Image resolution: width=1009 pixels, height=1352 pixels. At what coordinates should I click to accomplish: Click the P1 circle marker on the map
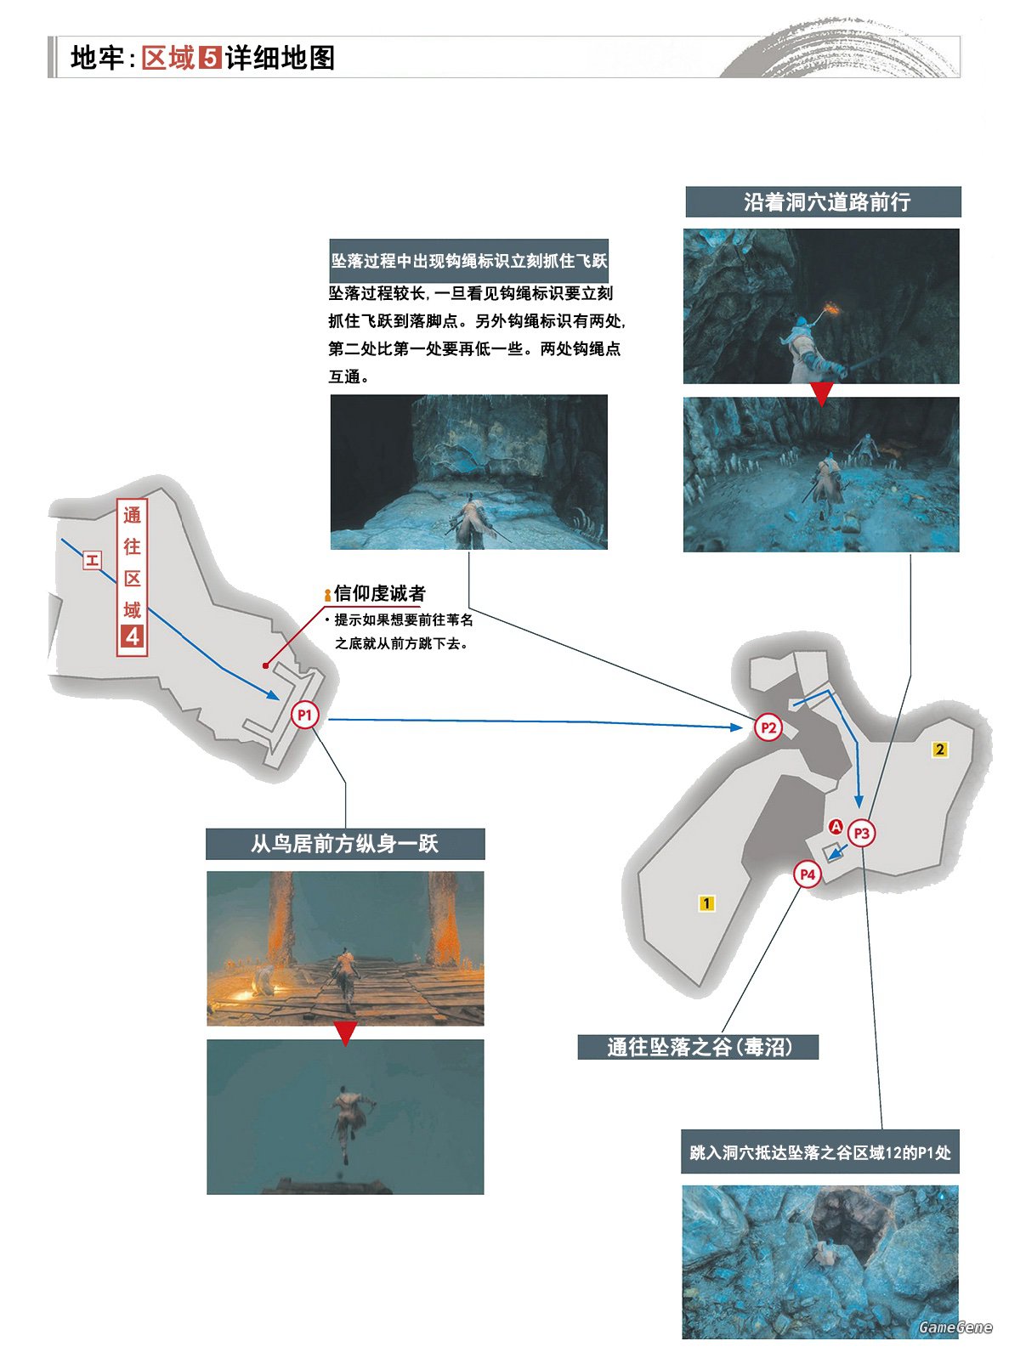pos(304,716)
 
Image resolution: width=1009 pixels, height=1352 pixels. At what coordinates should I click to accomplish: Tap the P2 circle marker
pos(768,728)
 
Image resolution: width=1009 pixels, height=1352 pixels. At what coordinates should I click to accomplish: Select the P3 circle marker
pos(861,834)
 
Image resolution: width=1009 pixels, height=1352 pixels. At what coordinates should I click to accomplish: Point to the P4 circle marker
pos(807,874)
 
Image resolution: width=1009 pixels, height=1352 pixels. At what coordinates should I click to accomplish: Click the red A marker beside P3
pos(836,826)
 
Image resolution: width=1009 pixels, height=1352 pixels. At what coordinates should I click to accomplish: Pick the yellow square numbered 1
pos(706,903)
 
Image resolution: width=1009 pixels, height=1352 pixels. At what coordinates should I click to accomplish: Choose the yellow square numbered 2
pos(939,749)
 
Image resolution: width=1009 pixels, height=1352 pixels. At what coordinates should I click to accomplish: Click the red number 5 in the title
pos(210,58)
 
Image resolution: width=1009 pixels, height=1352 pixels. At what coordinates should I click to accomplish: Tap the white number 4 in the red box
pos(132,636)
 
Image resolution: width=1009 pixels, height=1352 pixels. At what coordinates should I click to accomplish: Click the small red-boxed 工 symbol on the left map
pos(92,560)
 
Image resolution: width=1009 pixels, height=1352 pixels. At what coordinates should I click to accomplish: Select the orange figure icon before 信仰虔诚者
pos(328,594)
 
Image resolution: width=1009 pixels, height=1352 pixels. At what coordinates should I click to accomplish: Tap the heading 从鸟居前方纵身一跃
pos(344,843)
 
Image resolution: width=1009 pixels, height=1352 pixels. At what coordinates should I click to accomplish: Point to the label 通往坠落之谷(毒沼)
pos(699,1046)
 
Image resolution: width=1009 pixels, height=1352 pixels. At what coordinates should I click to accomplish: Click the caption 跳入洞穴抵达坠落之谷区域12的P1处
pos(820,1151)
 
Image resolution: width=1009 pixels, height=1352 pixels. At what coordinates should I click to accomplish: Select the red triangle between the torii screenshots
pos(345,1033)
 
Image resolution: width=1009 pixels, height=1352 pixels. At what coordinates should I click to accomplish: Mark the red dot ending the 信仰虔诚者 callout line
pos(265,665)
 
